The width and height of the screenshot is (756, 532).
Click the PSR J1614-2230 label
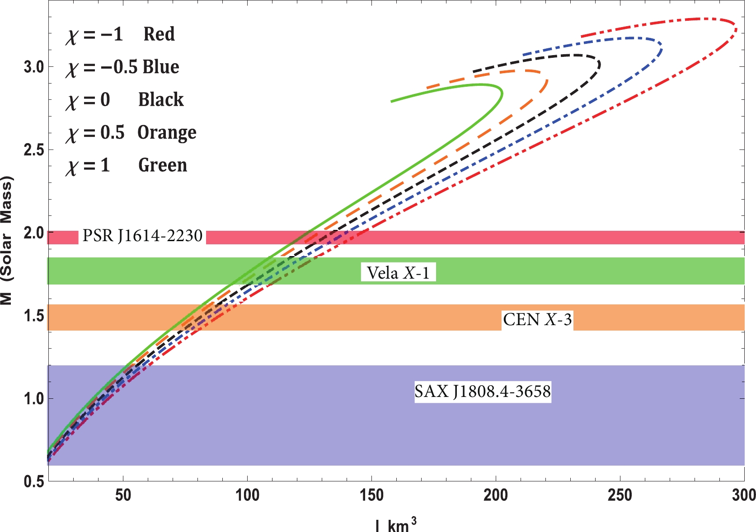click(142, 236)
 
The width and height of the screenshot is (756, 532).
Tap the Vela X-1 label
click(398, 273)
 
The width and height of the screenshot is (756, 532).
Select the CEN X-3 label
click(537, 320)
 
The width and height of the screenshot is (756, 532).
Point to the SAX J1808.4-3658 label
click(483, 391)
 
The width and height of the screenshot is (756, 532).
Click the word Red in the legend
click(159, 34)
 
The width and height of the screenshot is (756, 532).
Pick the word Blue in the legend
click(161, 67)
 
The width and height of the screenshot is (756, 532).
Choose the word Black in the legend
click(161, 100)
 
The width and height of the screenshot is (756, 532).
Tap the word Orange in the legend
click(167, 133)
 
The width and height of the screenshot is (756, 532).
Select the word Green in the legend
click(163, 165)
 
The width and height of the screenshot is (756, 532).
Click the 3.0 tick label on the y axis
click(33, 67)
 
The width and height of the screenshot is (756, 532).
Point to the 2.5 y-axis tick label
click(33, 150)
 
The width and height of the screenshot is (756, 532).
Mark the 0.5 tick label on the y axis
click(33, 481)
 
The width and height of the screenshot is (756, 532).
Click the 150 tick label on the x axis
click(371, 495)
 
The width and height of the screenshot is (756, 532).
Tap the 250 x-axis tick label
click(620, 495)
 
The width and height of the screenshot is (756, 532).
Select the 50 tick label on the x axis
click(123, 495)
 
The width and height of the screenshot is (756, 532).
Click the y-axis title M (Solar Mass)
click(6, 241)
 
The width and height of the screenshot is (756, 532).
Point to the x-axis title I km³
click(395, 524)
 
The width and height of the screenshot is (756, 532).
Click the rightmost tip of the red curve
click(737, 30)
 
